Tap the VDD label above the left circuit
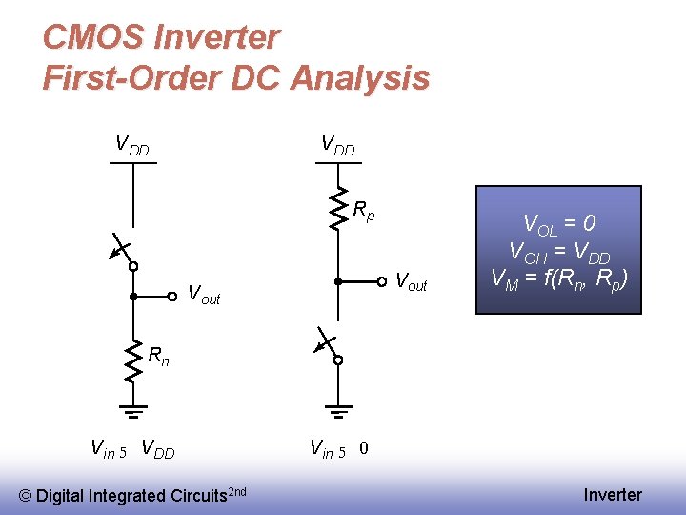[132, 146]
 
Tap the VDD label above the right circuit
[337, 146]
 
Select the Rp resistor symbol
[337, 209]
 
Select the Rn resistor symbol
[132, 362]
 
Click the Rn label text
[159, 357]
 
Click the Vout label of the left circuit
[203, 296]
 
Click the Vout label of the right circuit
[411, 282]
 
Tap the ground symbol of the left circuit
[132, 411]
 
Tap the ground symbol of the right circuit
[337, 411]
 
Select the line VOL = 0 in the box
[559, 225]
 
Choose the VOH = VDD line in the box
[559, 253]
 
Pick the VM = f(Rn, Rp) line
[559, 279]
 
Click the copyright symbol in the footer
[26, 495]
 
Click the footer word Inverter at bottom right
[613, 495]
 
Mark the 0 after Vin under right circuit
[365, 448]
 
